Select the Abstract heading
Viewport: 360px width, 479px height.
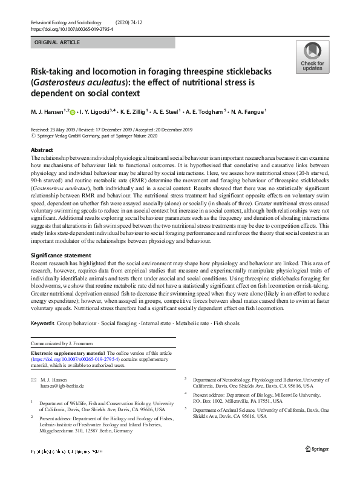tap(42, 150)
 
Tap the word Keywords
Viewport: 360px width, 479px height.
tap(43, 324)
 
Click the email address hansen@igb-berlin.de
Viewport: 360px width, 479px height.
tap(62, 385)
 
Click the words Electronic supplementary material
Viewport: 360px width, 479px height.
tap(68, 353)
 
